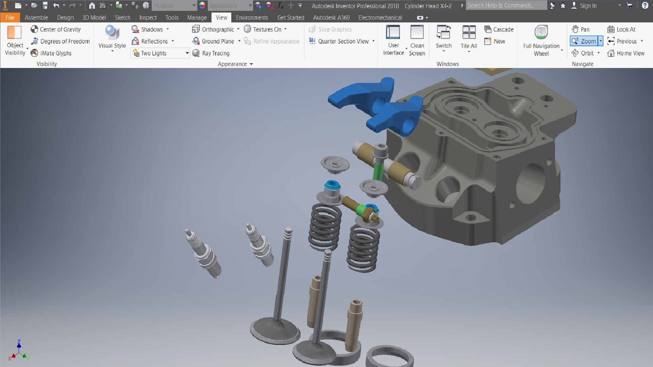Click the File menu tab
point(10,17)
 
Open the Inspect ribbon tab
point(148,17)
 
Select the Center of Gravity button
point(56,29)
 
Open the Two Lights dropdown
point(187,53)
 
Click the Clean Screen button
point(417,40)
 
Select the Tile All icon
point(469,37)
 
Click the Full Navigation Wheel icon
point(541,33)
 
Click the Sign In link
point(588,5)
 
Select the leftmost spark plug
point(203,253)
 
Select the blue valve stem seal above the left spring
point(332,186)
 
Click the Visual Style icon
point(112,33)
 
